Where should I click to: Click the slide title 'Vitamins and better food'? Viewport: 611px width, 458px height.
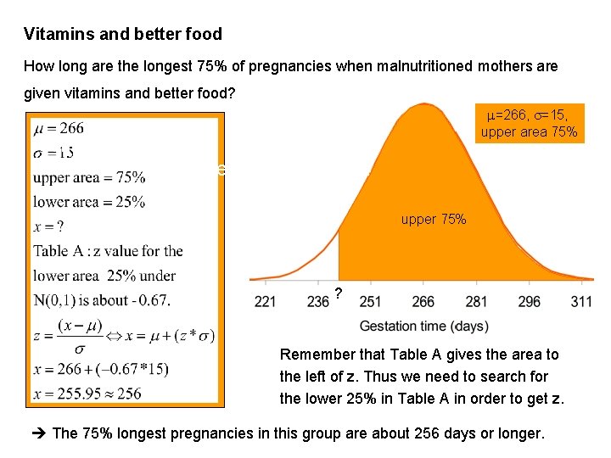(123, 35)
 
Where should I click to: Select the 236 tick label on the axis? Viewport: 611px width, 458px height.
(318, 302)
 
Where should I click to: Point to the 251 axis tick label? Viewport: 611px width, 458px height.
(371, 302)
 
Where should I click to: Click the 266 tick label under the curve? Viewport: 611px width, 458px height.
(423, 302)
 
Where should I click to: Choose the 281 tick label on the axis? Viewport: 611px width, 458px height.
(475, 302)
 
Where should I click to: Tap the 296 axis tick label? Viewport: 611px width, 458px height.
(528, 302)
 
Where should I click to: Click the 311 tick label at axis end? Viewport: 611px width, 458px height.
(581, 302)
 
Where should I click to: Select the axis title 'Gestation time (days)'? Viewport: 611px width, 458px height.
(423, 327)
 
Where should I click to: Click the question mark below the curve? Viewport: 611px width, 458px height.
(339, 293)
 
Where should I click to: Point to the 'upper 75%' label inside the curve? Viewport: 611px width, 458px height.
(433, 220)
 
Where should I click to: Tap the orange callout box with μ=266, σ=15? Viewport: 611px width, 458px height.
(530, 123)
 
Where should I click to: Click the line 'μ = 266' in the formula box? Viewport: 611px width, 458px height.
(59, 129)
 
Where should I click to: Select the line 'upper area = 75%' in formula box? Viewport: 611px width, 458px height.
(89, 178)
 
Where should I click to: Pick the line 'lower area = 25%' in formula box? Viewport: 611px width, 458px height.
(89, 202)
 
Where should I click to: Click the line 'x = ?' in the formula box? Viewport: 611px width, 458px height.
(49, 226)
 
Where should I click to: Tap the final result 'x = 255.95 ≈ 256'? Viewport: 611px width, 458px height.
(87, 394)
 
